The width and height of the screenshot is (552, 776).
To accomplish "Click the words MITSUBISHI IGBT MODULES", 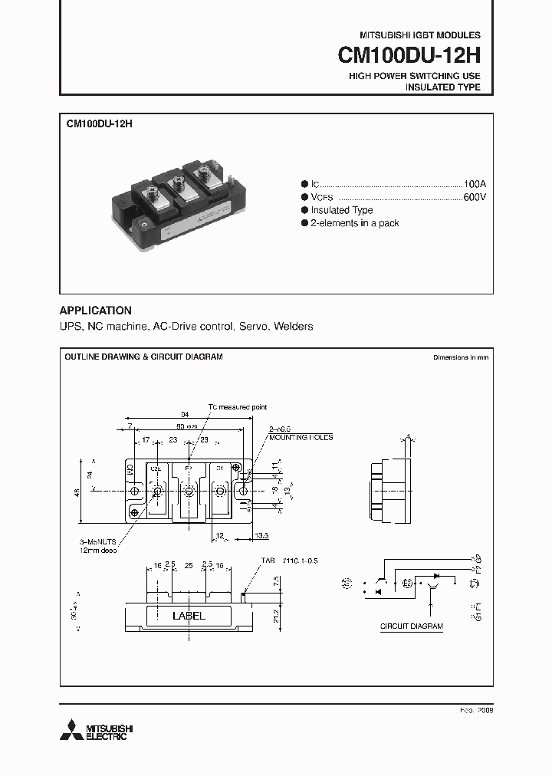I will click(420, 35).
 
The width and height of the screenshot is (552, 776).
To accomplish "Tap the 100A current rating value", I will click(475, 184).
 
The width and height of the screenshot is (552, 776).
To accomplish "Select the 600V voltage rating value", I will click(475, 197).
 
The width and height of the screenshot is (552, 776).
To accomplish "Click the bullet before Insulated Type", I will click(304, 210).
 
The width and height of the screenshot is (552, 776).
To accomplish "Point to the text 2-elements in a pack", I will click(354, 223).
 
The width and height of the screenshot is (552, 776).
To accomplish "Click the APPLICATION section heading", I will click(96, 311).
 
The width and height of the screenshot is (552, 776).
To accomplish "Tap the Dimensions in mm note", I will click(460, 357).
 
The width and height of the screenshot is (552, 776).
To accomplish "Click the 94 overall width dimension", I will click(185, 413).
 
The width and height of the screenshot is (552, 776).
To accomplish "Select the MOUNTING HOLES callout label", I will click(301, 437).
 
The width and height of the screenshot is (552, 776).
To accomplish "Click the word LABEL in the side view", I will click(189, 616).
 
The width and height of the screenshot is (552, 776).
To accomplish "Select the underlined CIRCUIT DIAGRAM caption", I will click(412, 626).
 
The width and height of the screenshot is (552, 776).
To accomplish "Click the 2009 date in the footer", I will click(485, 711).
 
